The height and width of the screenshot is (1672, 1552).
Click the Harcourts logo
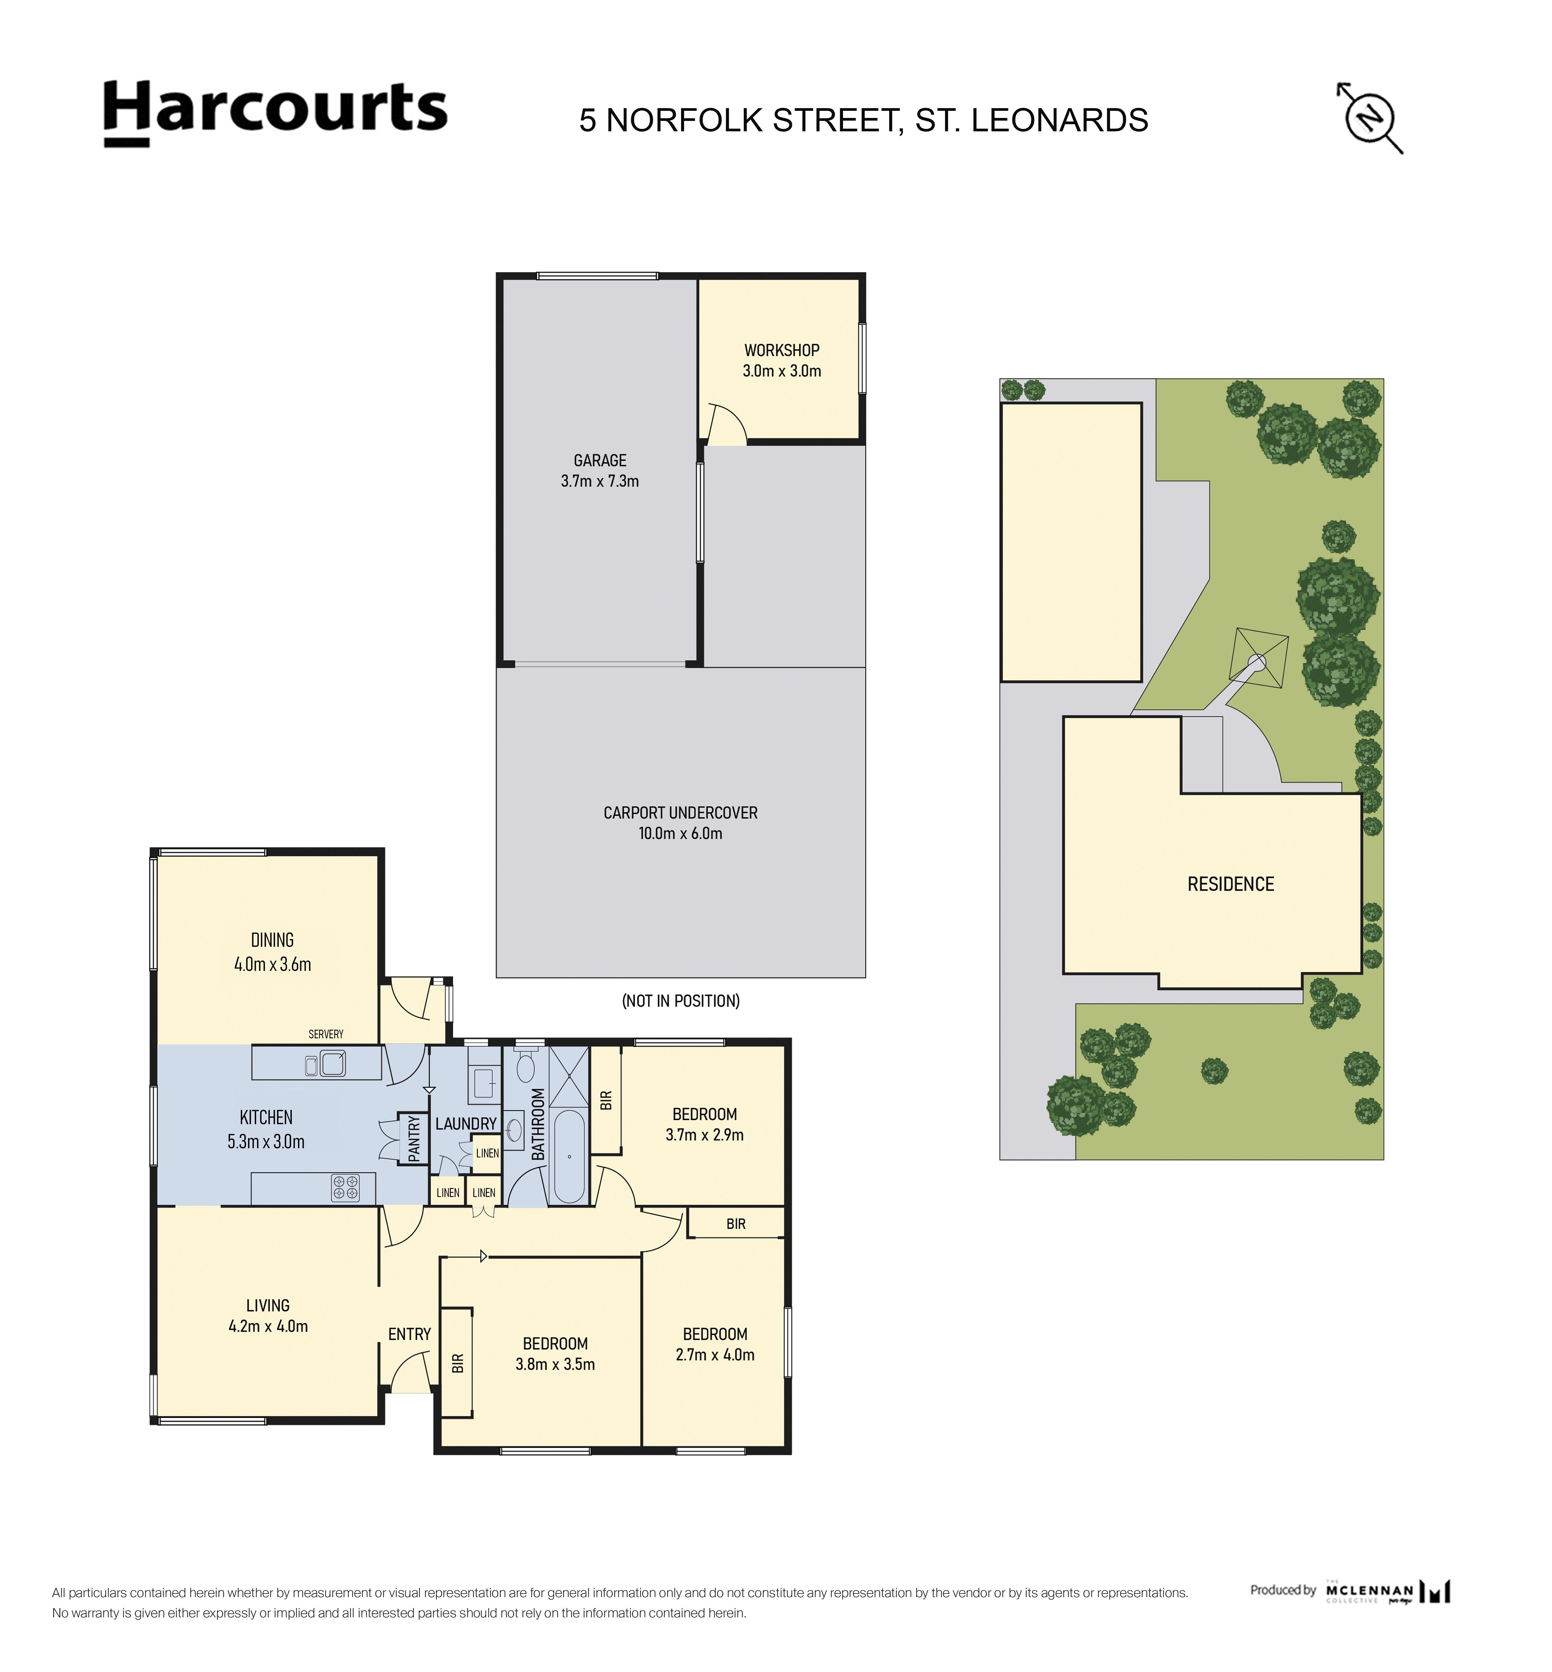pos(275,113)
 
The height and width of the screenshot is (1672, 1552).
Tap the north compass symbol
pos(1370,118)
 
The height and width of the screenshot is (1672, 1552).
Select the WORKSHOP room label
pos(782,350)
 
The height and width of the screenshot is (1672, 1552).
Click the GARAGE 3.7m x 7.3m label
pos(600,470)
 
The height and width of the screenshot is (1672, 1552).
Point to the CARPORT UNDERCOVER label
pos(680,813)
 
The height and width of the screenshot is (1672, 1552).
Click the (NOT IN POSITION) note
pos(680,1001)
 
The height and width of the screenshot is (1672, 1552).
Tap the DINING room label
pos(272,940)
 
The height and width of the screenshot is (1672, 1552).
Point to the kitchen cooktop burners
pos(345,1187)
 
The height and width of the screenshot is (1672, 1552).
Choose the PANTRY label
pos(414,1139)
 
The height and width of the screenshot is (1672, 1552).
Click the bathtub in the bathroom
pos(569,1156)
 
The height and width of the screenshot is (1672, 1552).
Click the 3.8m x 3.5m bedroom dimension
pos(555,1365)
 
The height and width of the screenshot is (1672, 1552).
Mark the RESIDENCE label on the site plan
pos(1230,884)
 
